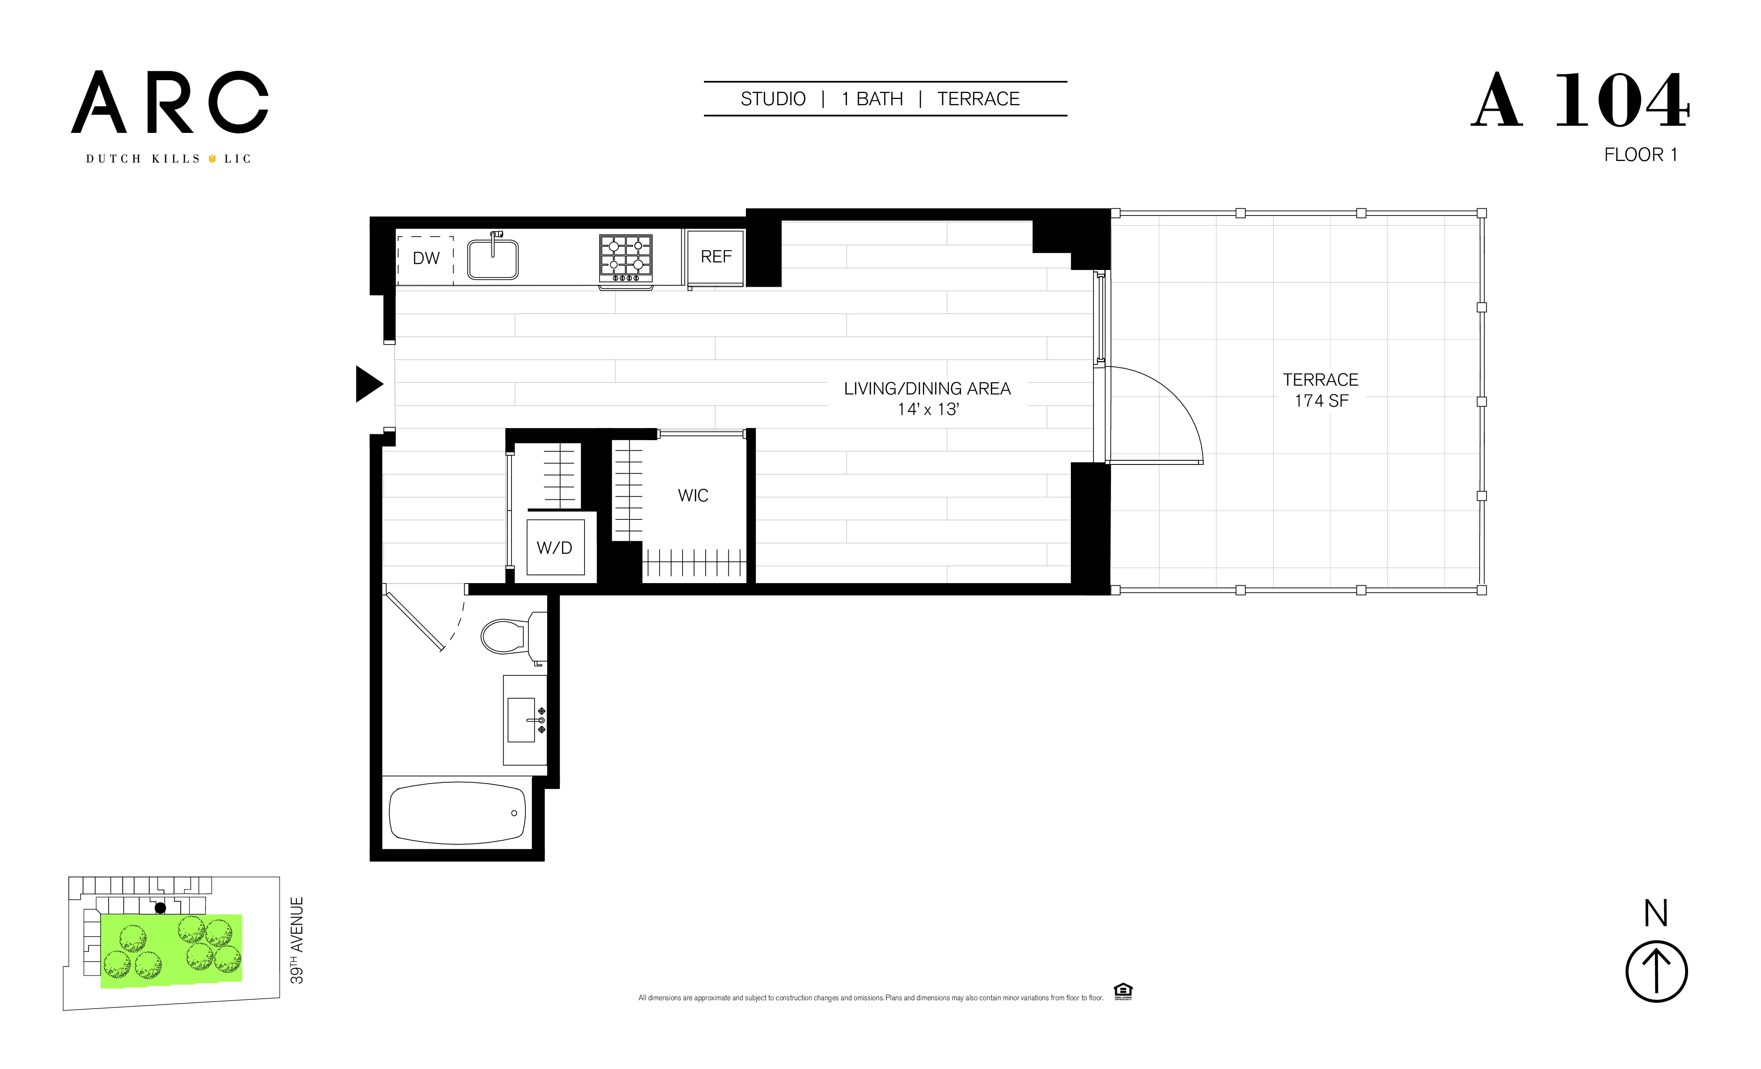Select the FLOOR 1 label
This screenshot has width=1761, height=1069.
coord(1640,155)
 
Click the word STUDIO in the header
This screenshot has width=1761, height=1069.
coord(773,99)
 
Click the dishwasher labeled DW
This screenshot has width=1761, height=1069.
coord(426,259)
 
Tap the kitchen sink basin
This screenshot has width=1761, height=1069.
coord(492,260)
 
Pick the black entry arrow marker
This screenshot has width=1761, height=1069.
coord(368,384)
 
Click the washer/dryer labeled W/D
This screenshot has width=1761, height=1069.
coord(555,548)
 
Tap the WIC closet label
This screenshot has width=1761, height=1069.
coord(693,496)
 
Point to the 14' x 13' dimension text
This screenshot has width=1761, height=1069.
coord(927,410)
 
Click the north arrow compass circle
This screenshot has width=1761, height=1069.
coord(1656,972)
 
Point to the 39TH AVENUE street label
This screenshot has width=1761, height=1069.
coord(296,940)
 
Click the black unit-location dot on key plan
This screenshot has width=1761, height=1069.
coord(160,908)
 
